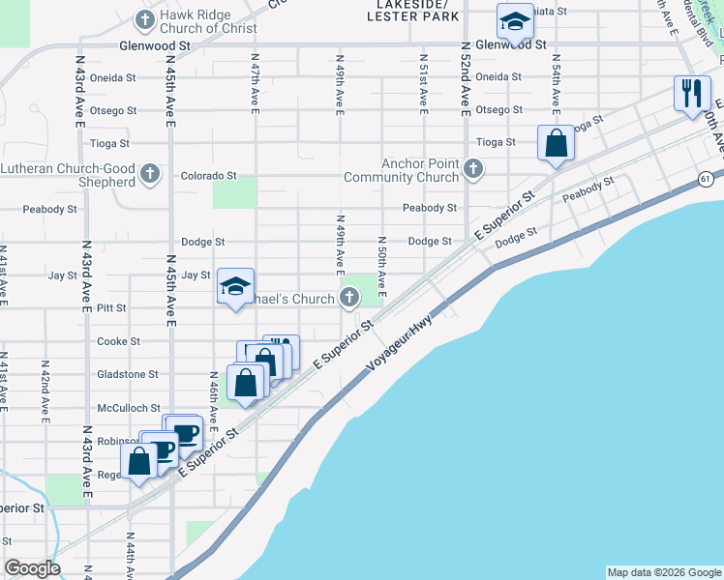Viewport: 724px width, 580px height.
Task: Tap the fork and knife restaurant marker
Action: (x=691, y=94)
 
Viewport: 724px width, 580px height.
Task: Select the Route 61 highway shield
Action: (x=706, y=178)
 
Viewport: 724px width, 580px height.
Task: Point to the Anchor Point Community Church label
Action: (x=419, y=170)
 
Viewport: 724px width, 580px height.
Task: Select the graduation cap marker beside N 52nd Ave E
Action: (x=515, y=20)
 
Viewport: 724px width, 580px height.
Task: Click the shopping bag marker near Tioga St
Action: (x=557, y=143)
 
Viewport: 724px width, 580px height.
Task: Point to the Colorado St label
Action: (x=209, y=176)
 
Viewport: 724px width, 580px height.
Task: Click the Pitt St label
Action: (x=112, y=308)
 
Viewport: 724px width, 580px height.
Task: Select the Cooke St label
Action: (x=118, y=341)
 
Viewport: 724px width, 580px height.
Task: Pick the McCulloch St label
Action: (x=127, y=408)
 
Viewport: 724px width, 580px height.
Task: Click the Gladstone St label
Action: (x=127, y=374)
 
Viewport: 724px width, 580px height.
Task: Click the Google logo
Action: (x=32, y=568)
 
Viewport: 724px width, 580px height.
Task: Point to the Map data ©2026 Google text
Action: (x=663, y=572)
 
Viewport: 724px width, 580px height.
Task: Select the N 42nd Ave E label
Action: (x=45, y=390)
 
